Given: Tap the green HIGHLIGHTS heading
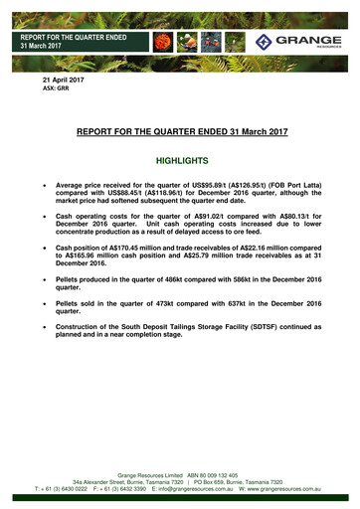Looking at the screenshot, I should tap(180, 160).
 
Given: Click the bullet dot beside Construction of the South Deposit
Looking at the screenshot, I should tap(43, 341).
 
